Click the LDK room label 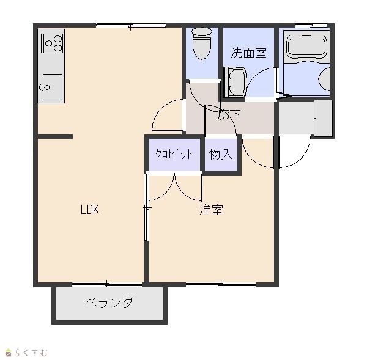click(90, 210)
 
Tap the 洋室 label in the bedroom click(211, 210)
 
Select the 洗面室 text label click(248, 53)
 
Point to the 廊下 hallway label click(228, 114)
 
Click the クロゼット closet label click(174, 154)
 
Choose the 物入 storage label click(221, 154)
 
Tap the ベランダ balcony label click(109, 303)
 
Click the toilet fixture click(202, 43)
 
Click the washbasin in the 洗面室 click(234, 82)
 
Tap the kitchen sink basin click(51, 87)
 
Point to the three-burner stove click(52, 43)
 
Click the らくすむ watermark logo click(26, 352)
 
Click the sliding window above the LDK click(131, 25)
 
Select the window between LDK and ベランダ click(107, 285)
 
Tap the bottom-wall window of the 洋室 click(221, 285)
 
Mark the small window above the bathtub click(311, 25)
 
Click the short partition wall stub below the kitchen click(55, 137)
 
